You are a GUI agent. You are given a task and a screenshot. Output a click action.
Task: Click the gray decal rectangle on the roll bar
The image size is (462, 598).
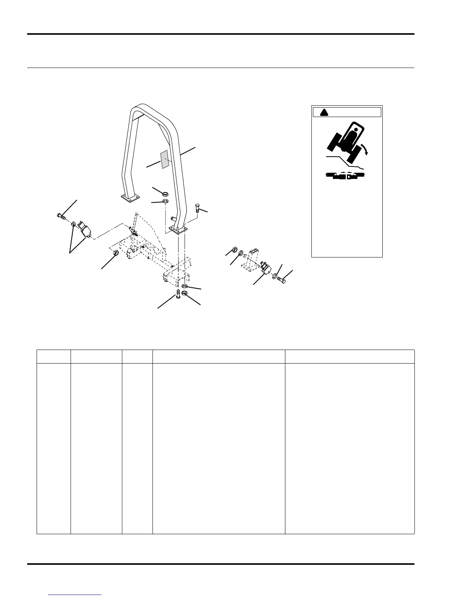pyautogui.click(x=164, y=159)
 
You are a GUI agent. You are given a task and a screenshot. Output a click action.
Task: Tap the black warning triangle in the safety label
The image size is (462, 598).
pyautogui.click(x=323, y=113)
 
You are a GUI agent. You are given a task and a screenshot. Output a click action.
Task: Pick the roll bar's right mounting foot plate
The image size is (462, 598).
pyautogui.click(x=179, y=229)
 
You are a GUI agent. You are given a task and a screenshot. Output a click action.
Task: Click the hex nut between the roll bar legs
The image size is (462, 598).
pyautogui.click(x=165, y=194)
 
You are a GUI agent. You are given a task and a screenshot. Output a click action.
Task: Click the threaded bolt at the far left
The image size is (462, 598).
pyautogui.click(x=62, y=216)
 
